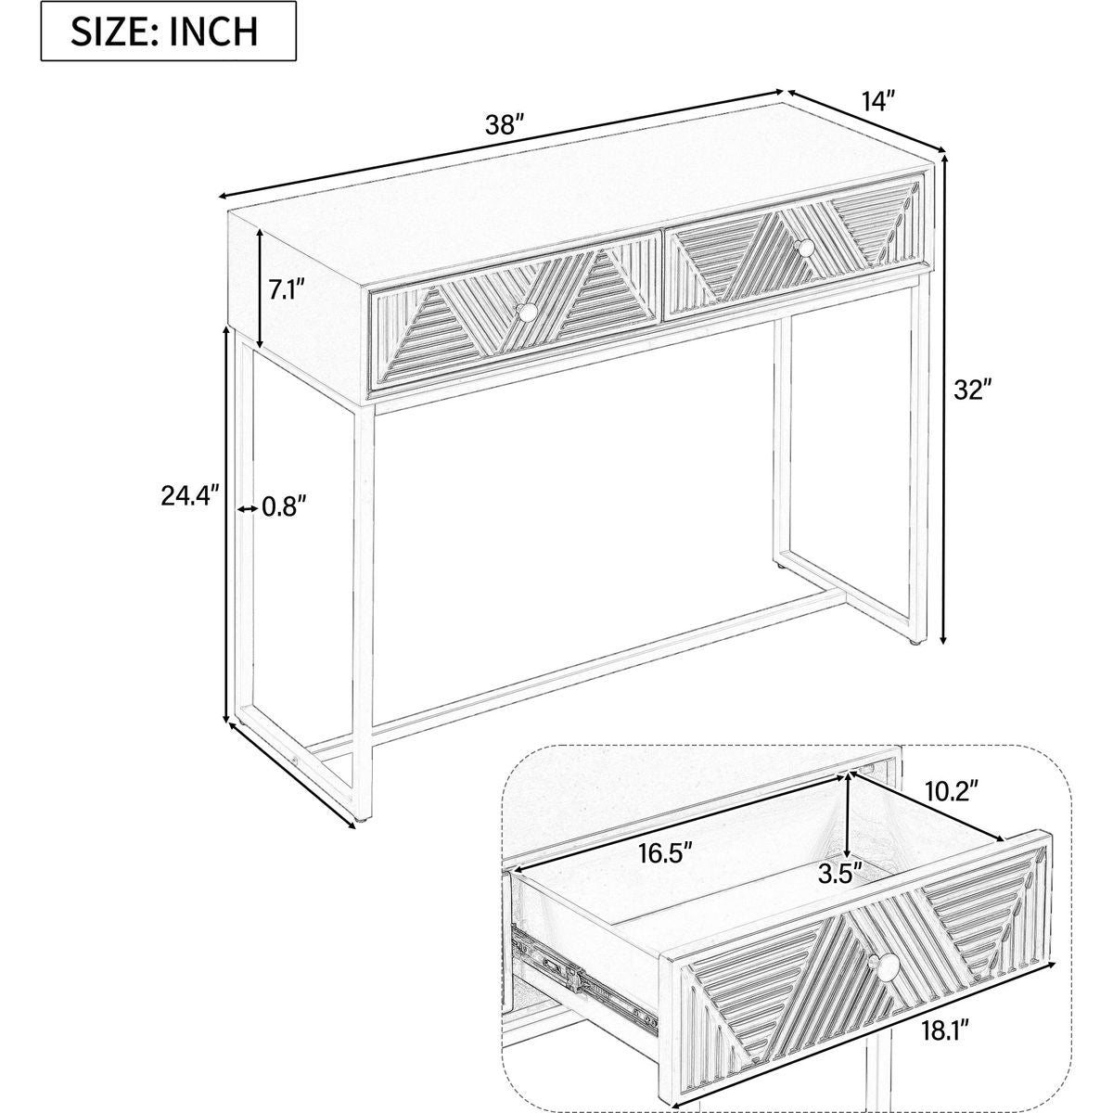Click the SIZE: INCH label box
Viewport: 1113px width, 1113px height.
point(168,31)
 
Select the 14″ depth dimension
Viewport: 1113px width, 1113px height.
point(878,102)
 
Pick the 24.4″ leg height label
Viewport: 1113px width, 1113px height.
point(190,495)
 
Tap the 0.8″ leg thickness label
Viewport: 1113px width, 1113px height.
point(283,507)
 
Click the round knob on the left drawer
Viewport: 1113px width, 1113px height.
point(526,313)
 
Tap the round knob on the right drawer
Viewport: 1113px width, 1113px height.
point(804,248)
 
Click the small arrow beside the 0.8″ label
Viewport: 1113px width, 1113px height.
point(248,508)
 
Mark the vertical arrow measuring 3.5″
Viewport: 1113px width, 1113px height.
point(847,825)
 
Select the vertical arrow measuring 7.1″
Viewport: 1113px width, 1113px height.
point(260,288)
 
